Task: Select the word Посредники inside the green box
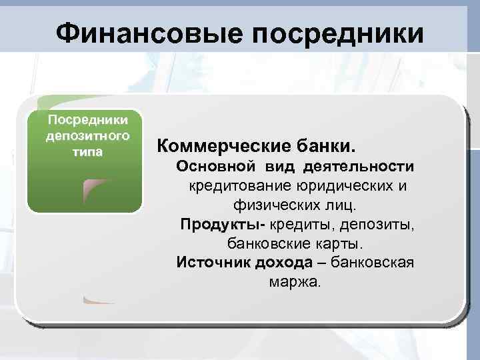point(85,121)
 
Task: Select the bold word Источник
point(213,262)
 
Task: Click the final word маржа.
point(295,281)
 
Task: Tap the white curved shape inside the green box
point(100,190)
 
